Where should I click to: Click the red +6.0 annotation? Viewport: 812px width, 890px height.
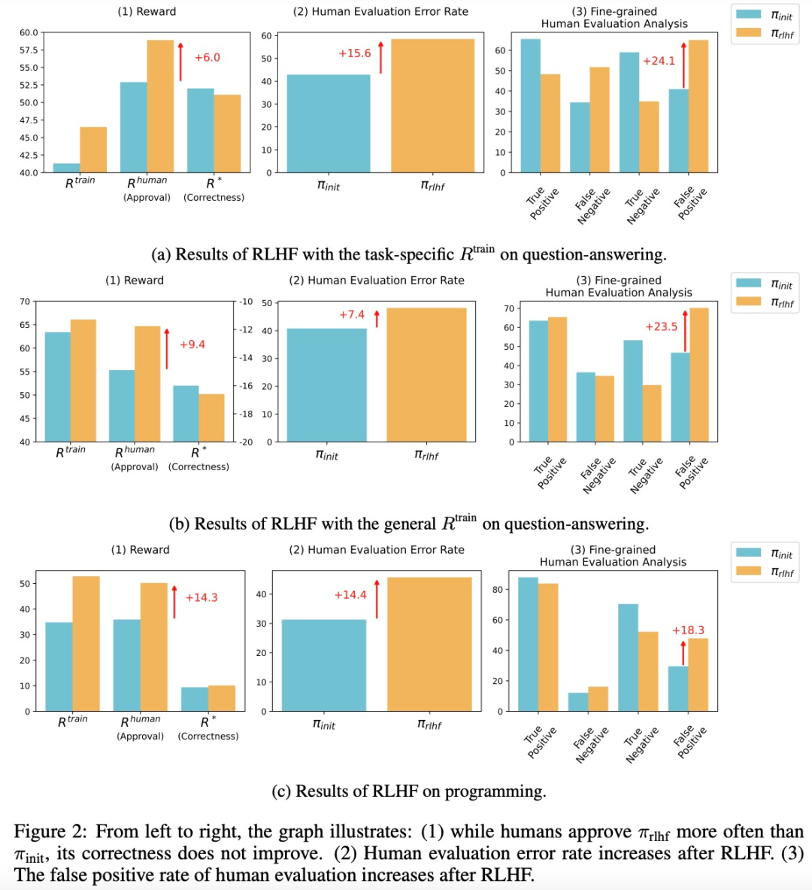[207, 58]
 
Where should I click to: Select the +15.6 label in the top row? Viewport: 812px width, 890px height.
[354, 53]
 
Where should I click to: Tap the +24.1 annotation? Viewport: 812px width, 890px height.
[659, 61]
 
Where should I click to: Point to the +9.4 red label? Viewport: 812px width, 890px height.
[192, 345]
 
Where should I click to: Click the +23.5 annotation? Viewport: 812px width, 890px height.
[661, 327]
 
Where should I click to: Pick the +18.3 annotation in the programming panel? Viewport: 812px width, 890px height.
[688, 630]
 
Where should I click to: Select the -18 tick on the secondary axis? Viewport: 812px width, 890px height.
[246, 415]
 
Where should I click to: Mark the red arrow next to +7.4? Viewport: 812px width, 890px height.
[377, 318]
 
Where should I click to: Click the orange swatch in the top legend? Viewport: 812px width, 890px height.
[748, 32]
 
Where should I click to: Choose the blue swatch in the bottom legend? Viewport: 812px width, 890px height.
[748, 553]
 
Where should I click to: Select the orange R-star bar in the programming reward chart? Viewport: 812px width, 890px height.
[222, 698]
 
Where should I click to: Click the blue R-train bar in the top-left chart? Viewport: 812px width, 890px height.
[66, 168]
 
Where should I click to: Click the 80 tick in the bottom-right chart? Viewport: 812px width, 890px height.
[497, 590]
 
